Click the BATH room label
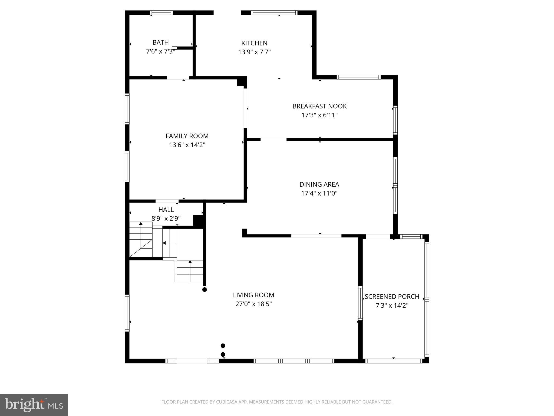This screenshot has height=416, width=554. [160, 43]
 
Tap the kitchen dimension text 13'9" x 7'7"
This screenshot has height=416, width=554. [254, 52]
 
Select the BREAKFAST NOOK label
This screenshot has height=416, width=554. [319, 106]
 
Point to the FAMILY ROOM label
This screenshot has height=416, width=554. [187, 136]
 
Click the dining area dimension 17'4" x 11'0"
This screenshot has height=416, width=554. [319, 193]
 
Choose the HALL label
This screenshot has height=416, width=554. [166, 210]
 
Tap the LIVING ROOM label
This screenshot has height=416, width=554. [253, 295]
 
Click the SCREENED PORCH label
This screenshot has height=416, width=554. [392, 297]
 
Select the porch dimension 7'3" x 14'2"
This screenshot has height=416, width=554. [392, 305]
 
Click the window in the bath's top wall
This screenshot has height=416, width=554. [161, 12]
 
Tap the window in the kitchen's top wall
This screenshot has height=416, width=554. [274, 12]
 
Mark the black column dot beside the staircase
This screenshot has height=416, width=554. [205, 290]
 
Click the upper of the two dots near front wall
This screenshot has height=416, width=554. [223, 346]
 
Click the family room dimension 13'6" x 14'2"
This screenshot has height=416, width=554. [187, 145]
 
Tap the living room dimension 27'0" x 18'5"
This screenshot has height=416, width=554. [253, 304]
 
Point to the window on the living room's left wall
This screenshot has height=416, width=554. [127, 313]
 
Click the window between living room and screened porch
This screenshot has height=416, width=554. [360, 303]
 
